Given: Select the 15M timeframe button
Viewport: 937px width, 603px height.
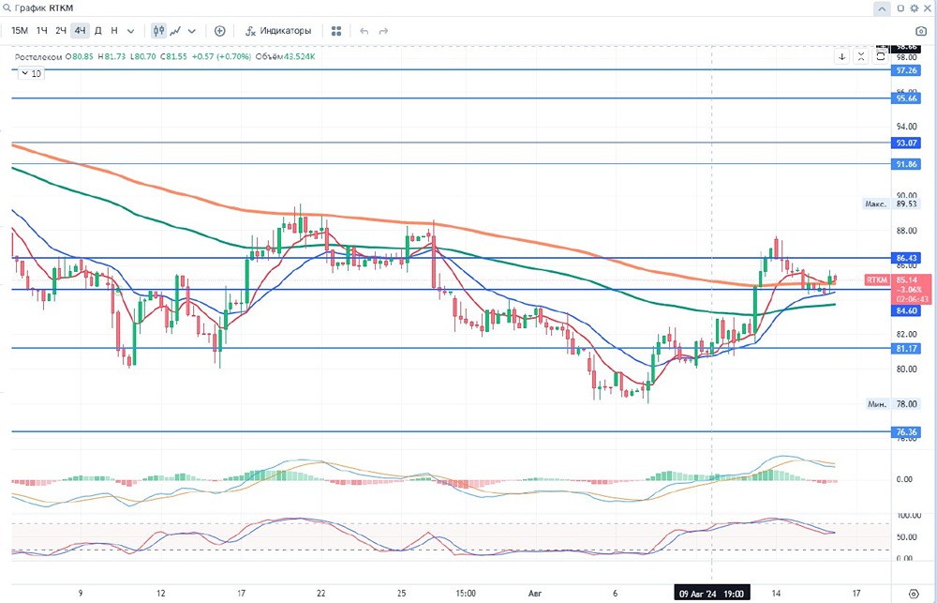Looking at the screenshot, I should [20, 30].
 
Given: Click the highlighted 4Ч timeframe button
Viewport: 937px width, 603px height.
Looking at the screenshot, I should [80, 30].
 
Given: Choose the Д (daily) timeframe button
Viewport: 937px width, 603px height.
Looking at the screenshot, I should [97, 30].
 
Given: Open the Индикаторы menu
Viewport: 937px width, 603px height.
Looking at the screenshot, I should [278, 30].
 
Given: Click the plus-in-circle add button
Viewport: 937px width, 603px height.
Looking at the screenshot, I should [220, 30].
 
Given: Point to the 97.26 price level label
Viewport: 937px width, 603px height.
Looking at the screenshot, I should [906, 70].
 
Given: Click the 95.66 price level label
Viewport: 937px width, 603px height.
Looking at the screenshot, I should [906, 98].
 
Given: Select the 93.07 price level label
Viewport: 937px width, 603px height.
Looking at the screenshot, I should [906, 143].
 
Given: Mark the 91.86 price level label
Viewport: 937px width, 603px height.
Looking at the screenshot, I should [906, 164].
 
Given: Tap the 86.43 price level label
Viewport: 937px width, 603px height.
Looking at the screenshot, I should [906, 257].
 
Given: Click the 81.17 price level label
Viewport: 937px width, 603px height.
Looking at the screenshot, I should [906, 348].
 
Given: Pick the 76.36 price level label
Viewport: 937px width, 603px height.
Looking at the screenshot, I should [906, 432].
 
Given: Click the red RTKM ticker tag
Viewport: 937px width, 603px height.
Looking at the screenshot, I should [878, 279].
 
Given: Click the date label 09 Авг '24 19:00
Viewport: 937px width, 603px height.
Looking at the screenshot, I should [711, 594].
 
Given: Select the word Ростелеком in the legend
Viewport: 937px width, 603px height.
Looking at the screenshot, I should [37, 56].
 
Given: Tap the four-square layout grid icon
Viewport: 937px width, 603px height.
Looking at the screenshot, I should [336, 30].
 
